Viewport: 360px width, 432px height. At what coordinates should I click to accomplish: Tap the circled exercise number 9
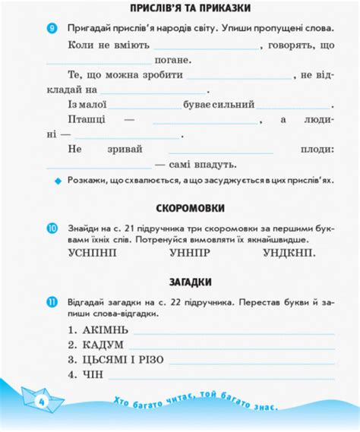tap(52, 28)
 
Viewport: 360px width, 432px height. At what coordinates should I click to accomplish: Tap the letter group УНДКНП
tap(291, 254)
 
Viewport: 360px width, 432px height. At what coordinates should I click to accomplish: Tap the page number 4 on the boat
tap(40, 399)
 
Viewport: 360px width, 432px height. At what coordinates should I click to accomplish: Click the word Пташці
tap(88, 120)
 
